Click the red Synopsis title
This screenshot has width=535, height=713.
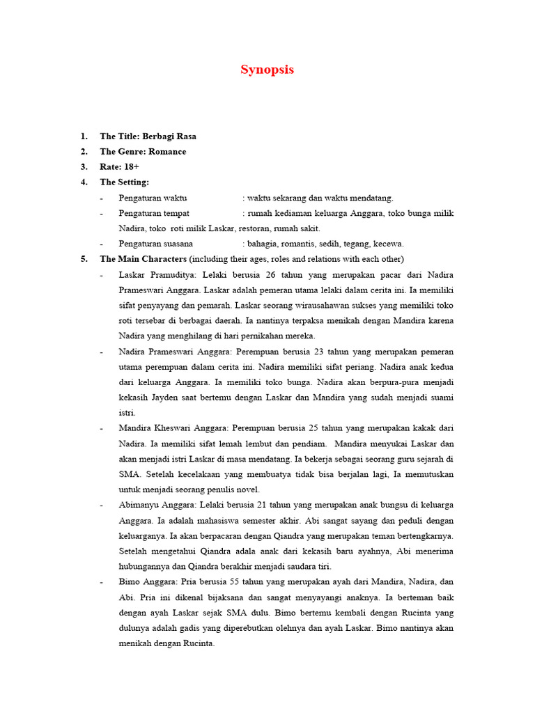click(267, 70)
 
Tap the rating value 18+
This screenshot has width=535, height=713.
click(130, 166)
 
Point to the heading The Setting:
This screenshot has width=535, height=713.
click(124, 182)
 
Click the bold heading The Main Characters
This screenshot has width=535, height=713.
click(143, 259)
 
